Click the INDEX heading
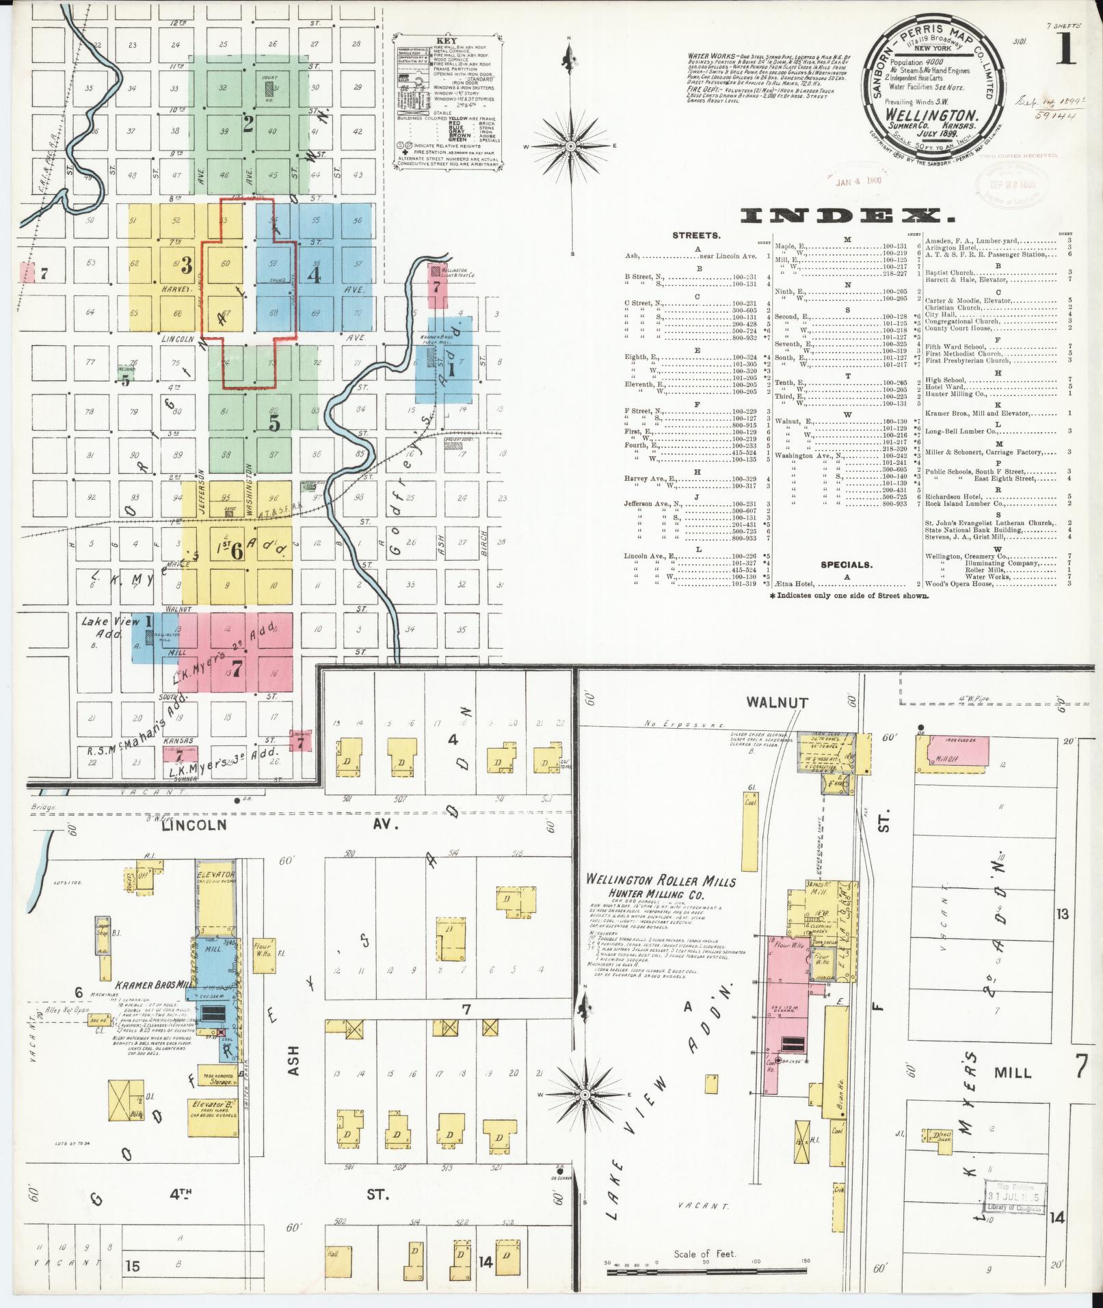[x=848, y=216]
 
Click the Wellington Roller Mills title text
[x=661, y=880]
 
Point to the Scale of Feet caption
[x=704, y=1253]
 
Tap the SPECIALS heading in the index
[x=847, y=565]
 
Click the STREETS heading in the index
[x=696, y=235]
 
